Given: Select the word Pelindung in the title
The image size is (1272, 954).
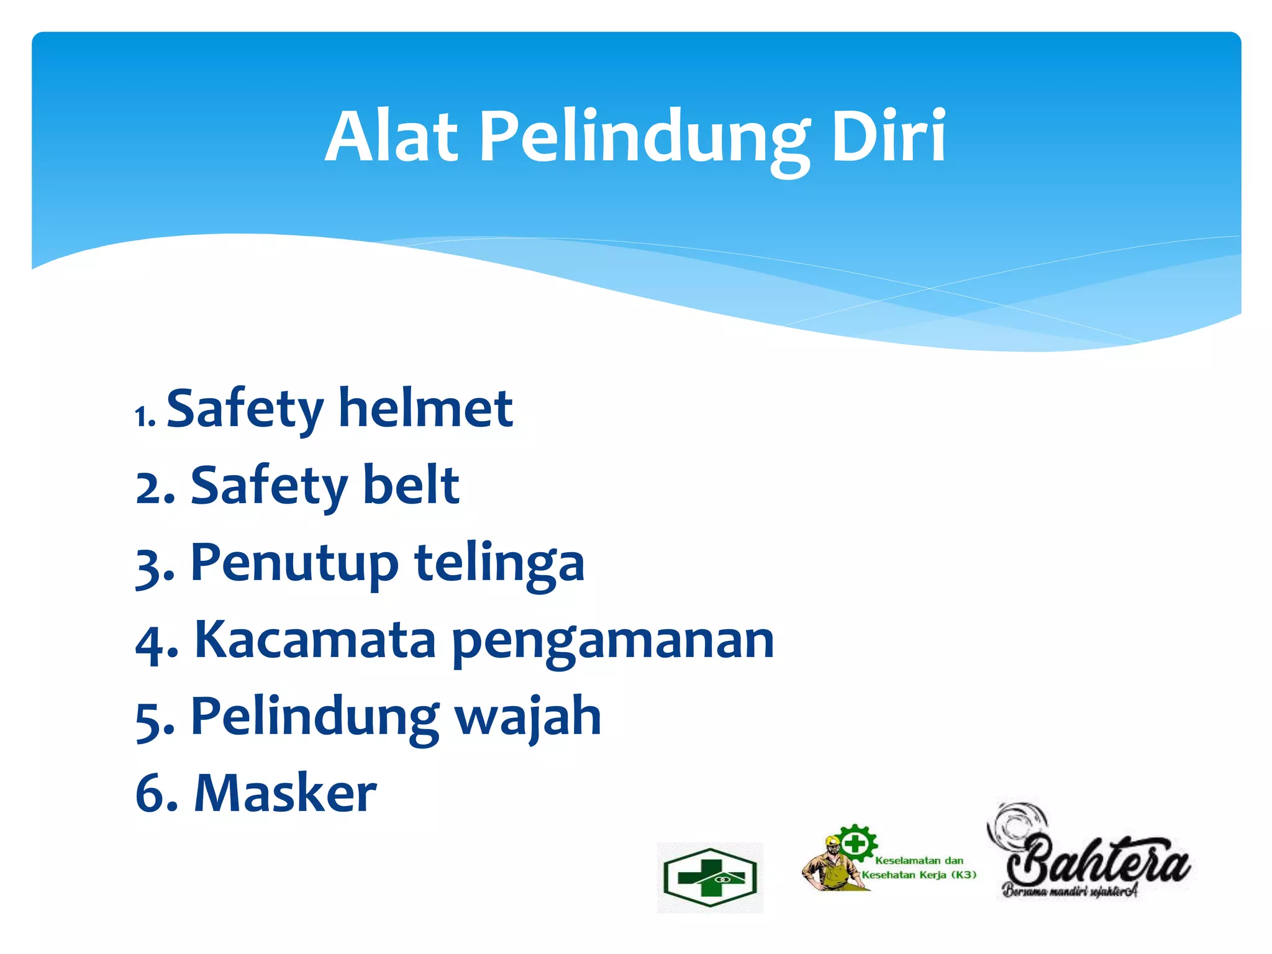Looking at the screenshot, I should point(645,140).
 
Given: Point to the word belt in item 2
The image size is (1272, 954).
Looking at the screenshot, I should point(411,485).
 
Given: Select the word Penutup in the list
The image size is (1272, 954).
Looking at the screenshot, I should point(294,563).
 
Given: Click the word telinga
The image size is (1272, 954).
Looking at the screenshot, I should point(499,563).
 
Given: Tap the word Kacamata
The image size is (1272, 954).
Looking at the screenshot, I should point(316,640).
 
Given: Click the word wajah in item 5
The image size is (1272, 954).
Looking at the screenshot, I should point(528,718).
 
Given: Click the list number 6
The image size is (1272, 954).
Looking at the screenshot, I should point(152,794).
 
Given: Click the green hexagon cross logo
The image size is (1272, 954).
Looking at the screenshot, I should point(709,878).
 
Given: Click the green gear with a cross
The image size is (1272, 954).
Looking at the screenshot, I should point(856,843).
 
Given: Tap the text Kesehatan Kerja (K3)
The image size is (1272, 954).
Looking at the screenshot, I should point(919,875).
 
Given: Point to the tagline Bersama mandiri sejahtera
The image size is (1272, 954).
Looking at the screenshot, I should point(1070,892).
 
